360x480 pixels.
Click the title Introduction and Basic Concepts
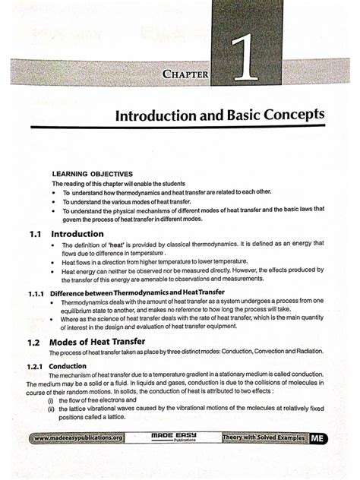219,118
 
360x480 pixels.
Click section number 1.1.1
33,292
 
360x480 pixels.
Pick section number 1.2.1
33,365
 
